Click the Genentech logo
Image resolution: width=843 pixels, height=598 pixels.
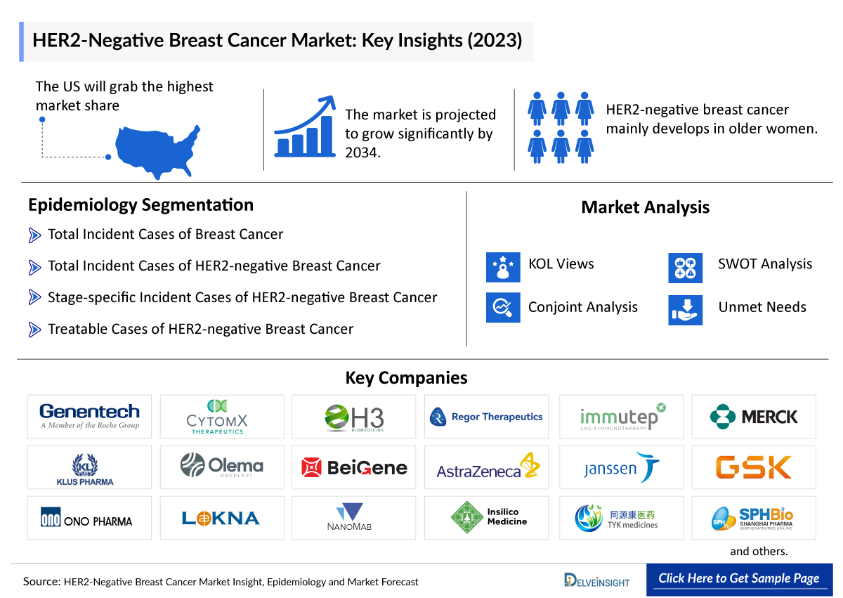tap(89, 417)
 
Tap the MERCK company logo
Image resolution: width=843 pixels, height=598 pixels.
tap(754, 417)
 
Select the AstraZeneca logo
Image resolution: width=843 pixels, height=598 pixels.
tap(488, 467)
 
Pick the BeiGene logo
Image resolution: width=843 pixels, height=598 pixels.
tap(354, 467)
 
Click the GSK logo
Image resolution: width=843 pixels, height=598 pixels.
tap(754, 467)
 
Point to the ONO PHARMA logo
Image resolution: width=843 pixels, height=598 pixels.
tap(89, 519)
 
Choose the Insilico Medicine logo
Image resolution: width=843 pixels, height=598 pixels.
tap(488, 518)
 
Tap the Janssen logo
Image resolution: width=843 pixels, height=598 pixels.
tap(622, 467)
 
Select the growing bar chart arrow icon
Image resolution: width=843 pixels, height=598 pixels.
tap(305, 126)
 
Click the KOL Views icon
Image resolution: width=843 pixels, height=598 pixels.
tap(503, 267)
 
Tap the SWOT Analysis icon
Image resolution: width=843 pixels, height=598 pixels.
tap(685, 268)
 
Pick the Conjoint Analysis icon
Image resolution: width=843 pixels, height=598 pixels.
tap(503, 307)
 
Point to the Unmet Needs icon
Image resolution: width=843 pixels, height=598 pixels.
tap(685, 309)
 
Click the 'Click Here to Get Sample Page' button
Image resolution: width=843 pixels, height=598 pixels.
tap(738, 579)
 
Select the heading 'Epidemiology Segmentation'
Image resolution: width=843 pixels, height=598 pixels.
tap(140, 205)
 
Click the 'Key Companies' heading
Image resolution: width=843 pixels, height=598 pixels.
tap(406, 378)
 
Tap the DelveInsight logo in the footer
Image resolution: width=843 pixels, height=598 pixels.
tap(596, 580)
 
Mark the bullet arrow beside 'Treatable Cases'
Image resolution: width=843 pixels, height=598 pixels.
tap(34, 329)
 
